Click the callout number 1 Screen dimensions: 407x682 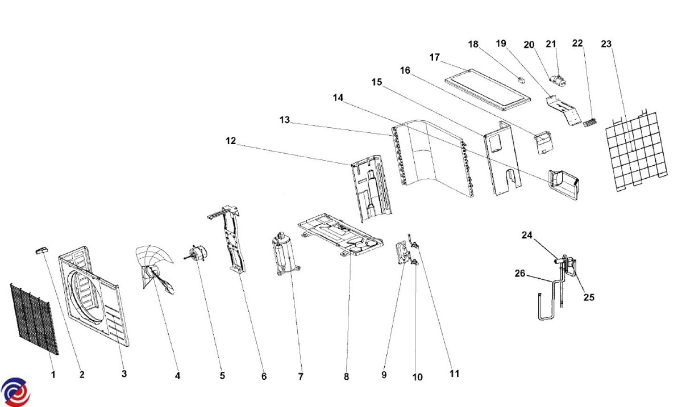(x=53, y=375)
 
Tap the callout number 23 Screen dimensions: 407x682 (x=606, y=44)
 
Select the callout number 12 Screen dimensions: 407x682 (x=231, y=141)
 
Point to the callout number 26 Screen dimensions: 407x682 (x=520, y=274)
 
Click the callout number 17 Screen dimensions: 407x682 (x=435, y=57)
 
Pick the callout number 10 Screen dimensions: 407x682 (x=417, y=377)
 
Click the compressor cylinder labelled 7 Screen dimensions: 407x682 (x=284, y=255)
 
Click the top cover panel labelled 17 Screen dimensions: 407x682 (x=488, y=89)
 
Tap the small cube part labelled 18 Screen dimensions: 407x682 (x=521, y=79)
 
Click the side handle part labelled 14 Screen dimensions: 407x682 (x=563, y=183)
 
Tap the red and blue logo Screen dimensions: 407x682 (x=15, y=391)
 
